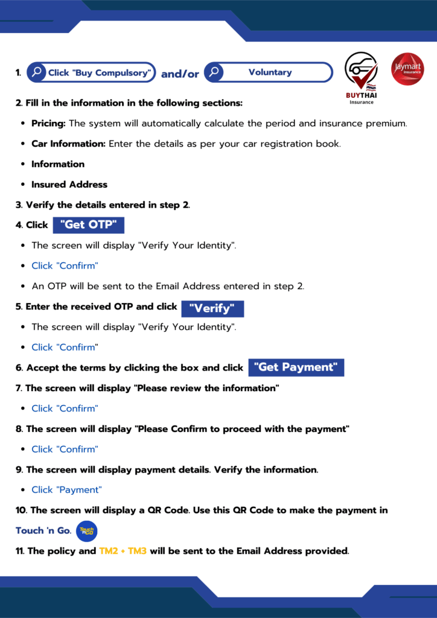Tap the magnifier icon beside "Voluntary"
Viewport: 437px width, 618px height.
click(x=214, y=72)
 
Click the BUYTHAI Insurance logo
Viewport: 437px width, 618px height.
click(x=361, y=78)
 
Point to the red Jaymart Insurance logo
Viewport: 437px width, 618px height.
click(x=407, y=69)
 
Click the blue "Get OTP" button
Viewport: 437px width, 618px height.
click(x=89, y=225)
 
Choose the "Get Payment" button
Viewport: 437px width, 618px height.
click(x=296, y=367)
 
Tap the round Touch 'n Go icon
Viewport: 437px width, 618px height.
click(x=87, y=531)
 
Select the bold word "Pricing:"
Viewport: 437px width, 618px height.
click(x=48, y=123)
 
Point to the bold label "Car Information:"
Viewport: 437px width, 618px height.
click(x=69, y=144)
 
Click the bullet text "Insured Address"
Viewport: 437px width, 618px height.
click(x=69, y=185)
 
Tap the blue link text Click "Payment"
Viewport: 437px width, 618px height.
click(x=66, y=489)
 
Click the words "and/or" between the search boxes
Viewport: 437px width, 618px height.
click(x=180, y=74)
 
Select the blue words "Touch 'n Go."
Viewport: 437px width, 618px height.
click(x=43, y=531)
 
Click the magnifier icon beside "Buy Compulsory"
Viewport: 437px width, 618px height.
click(x=37, y=72)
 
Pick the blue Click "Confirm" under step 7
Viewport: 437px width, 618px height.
click(x=65, y=409)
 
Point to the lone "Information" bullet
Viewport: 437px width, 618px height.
click(x=58, y=164)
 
